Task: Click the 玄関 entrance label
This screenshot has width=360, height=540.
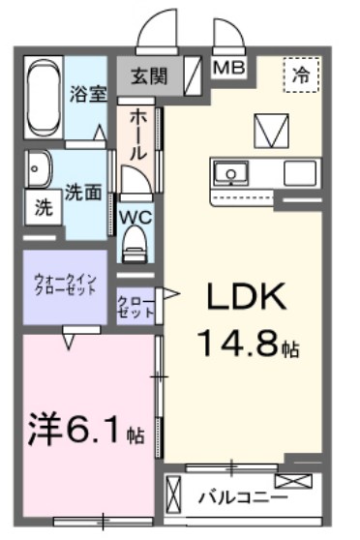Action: pos(150,75)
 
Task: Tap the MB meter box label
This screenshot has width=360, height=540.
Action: pos(228,68)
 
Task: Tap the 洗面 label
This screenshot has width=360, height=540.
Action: pos(83,192)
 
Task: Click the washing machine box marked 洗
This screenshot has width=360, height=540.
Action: pos(44,206)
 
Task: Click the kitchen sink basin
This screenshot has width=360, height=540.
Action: pos(232,174)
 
